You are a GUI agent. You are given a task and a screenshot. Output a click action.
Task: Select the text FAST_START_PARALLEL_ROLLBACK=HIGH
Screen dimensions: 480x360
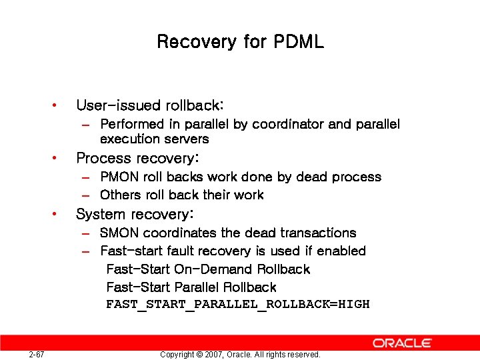click(237, 305)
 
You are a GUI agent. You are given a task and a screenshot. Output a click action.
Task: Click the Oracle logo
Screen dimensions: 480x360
click(402, 343)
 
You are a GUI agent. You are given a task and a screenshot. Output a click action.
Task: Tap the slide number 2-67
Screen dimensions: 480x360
click(37, 355)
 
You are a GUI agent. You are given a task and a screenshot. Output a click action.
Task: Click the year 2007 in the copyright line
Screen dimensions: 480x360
click(214, 355)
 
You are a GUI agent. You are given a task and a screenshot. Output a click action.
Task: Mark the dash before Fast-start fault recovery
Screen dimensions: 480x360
click(85, 251)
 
